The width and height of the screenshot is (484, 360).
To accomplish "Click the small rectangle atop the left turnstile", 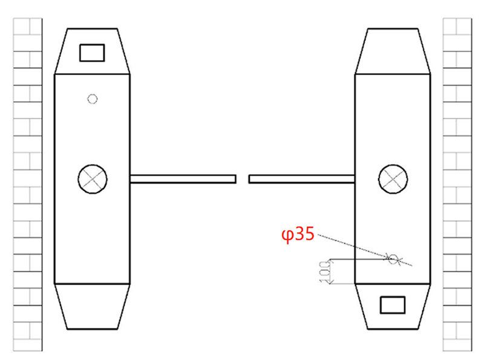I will tap(92, 53).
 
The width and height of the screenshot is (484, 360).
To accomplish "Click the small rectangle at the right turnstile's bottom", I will tap(392, 305).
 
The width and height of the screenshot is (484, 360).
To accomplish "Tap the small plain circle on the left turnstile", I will tap(93, 99).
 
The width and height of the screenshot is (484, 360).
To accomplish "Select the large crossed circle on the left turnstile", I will tap(93, 179).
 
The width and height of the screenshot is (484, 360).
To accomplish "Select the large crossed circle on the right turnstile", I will tap(393, 179).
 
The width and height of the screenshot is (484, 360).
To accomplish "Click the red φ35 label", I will tap(298, 235).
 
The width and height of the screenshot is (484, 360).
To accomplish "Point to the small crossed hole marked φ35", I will tap(393, 259).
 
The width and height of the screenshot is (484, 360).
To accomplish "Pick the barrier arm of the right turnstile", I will tap(301, 179).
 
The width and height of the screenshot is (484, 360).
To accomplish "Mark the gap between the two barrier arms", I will tap(242, 179).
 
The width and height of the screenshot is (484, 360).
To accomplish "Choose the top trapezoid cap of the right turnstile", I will tap(393, 51).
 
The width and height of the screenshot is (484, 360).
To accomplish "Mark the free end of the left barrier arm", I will tap(234, 179).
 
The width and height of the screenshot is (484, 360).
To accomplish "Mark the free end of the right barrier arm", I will tap(251, 179).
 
